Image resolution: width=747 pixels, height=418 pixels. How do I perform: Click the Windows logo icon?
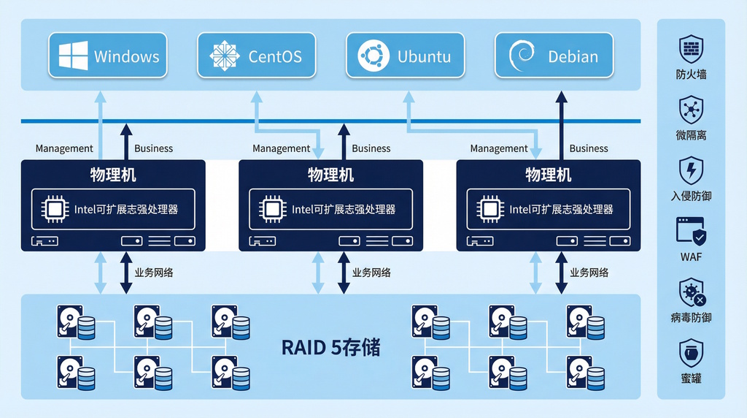point(74,56)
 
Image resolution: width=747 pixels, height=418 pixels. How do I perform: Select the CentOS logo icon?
point(224,56)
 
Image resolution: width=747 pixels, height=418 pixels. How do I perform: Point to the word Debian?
point(573,56)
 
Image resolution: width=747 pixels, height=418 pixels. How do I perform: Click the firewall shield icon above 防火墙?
point(691,49)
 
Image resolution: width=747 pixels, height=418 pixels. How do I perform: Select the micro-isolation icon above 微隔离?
point(691,110)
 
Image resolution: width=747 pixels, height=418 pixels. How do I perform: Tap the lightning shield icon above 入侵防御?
point(691,171)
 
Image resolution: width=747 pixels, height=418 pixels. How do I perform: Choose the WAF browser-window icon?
point(691,232)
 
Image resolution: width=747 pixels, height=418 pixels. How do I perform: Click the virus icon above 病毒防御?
point(691,293)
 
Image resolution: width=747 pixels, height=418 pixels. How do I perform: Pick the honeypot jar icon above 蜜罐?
point(691,354)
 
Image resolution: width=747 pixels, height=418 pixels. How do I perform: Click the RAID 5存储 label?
point(330,347)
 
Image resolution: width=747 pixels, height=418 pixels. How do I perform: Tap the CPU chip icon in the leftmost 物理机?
point(55,209)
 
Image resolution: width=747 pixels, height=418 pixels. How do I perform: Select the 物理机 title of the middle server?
point(330,175)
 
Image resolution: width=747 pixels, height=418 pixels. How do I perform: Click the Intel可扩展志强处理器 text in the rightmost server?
point(561,210)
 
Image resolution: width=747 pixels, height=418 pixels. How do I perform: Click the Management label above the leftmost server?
point(64,148)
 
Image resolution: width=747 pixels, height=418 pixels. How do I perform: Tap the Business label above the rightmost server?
point(589,148)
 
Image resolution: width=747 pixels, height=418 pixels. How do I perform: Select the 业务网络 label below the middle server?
point(371,273)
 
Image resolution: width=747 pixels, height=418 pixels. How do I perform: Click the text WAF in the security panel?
point(691,257)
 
